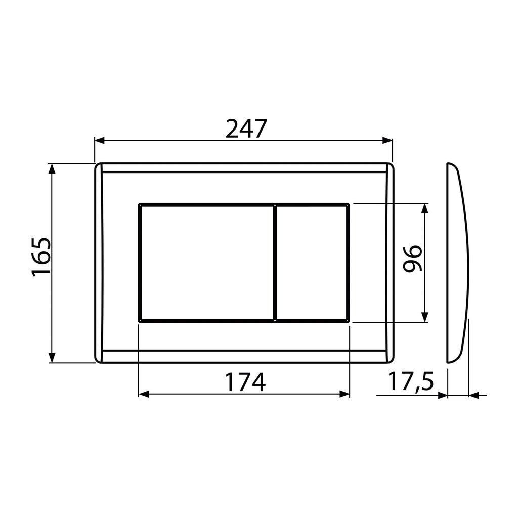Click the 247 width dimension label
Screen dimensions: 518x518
click(x=246, y=129)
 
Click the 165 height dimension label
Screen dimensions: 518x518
click(x=41, y=256)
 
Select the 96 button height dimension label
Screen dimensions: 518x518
click(x=413, y=258)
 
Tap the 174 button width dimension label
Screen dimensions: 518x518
click(x=245, y=382)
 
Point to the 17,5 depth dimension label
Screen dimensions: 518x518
click(x=410, y=381)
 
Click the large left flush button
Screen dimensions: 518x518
click(x=207, y=263)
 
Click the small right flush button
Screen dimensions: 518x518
click(x=312, y=263)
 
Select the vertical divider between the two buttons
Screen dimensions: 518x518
click(x=275, y=263)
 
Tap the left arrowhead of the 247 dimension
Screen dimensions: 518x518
click(x=100, y=140)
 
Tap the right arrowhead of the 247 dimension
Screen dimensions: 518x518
click(x=387, y=140)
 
